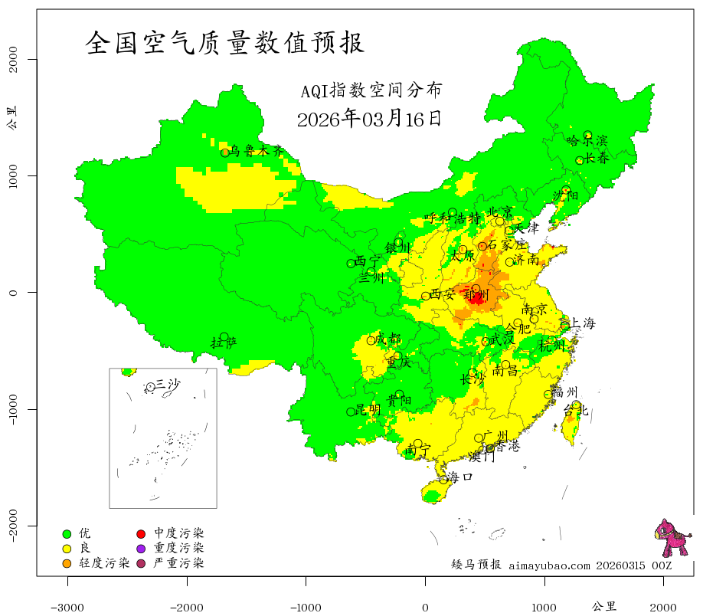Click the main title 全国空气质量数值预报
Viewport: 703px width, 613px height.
tap(224, 43)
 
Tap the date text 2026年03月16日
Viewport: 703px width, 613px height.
tap(369, 119)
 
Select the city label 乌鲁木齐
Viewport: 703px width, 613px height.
tap(257, 151)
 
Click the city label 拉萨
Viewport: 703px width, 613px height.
tap(224, 343)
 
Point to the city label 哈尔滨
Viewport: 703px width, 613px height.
tap(587, 141)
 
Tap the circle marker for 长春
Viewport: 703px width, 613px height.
tap(580, 160)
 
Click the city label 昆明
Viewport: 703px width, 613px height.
tap(368, 410)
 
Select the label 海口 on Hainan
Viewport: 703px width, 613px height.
tap(460, 477)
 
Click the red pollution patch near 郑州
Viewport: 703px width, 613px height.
tap(476, 299)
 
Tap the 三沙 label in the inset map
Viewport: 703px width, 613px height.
tap(168, 385)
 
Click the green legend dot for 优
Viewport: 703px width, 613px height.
tap(67, 533)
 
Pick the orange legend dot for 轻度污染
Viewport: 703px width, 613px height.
tap(67, 564)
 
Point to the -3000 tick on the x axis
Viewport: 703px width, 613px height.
tap(67, 607)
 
